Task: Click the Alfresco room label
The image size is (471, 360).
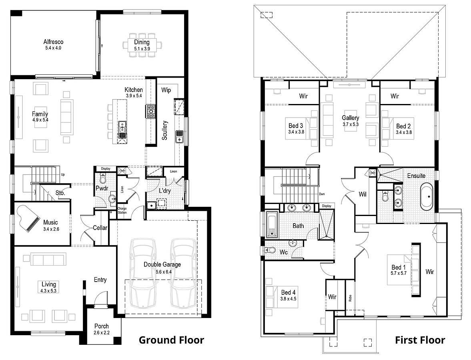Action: click(x=54, y=42)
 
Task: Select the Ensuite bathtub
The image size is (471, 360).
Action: click(x=427, y=196)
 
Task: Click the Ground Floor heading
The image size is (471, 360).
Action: click(x=171, y=340)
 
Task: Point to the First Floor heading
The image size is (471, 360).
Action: click(x=420, y=340)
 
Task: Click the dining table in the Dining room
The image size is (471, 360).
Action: click(x=142, y=44)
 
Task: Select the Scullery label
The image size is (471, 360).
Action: click(x=165, y=130)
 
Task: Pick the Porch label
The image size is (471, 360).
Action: click(x=102, y=326)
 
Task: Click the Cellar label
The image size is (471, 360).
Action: click(x=100, y=228)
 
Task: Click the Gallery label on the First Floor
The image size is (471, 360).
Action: click(x=350, y=118)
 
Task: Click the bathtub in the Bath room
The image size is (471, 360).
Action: click(x=272, y=224)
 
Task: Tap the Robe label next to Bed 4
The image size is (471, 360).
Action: click(x=350, y=298)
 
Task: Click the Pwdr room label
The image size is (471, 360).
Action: click(x=100, y=188)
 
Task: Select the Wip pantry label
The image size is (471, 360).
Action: click(x=166, y=90)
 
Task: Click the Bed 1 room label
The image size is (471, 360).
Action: click(x=399, y=267)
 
